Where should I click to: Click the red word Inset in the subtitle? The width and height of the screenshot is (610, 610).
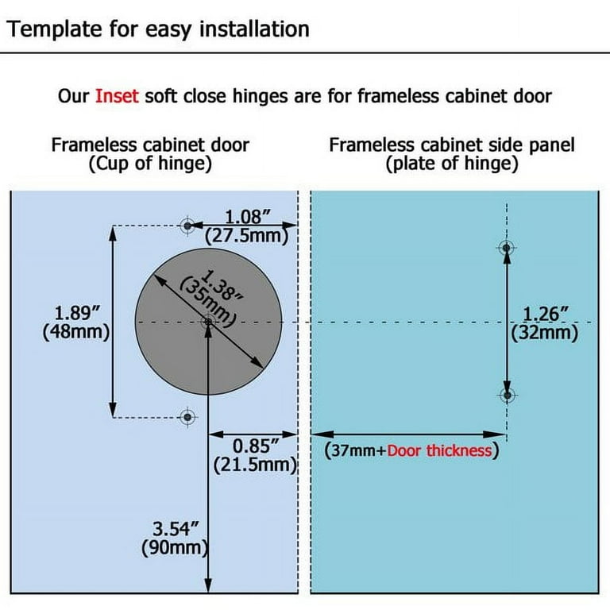[117, 96]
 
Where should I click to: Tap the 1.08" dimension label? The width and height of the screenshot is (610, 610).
[248, 217]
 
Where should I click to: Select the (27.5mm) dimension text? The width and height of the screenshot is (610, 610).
[247, 236]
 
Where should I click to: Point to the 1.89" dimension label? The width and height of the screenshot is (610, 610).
[77, 313]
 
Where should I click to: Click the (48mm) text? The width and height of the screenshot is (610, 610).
[76, 332]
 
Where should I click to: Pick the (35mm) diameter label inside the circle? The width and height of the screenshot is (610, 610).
[207, 303]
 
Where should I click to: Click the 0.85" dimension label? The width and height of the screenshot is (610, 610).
[256, 446]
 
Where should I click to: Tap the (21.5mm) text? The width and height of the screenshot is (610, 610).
[256, 465]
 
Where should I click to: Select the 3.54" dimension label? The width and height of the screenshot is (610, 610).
[176, 529]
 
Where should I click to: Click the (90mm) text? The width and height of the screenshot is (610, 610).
[175, 548]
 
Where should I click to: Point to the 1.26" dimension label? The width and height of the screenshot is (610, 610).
[546, 314]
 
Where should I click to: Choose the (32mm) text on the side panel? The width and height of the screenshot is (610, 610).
[545, 334]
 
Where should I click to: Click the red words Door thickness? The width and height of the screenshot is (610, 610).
[439, 451]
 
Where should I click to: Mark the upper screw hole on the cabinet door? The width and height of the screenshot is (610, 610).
[188, 226]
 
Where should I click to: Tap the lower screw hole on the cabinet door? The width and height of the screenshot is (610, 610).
[188, 417]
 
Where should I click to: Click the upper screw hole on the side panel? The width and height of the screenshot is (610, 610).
[507, 248]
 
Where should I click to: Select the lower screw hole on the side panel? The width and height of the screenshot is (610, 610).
[507, 396]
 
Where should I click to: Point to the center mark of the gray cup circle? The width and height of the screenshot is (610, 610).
[208, 322]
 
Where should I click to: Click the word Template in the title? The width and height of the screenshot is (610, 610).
[55, 29]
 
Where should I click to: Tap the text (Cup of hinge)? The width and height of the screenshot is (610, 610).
[150, 164]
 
